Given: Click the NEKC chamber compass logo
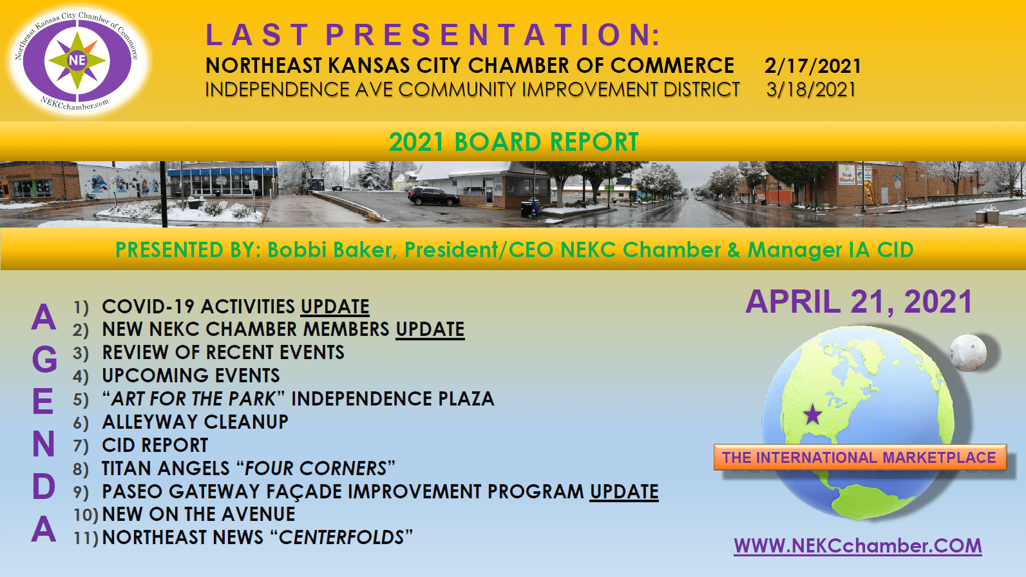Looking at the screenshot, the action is click(77, 61).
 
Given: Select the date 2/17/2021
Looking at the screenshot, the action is click(813, 66).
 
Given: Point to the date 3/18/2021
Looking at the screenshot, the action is click(811, 90).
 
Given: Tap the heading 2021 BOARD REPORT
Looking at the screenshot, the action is click(513, 142).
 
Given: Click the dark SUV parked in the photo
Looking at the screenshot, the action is click(433, 196).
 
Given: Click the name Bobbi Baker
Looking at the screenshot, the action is click(329, 249).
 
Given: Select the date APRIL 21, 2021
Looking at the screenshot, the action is click(859, 302).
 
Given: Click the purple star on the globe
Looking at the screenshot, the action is click(813, 415).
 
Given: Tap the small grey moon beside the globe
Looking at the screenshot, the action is click(968, 353).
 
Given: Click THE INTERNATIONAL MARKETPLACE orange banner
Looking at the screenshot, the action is click(860, 457).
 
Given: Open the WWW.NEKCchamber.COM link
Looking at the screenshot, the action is click(857, 546).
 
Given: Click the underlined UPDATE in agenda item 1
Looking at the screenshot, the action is click(335, 307).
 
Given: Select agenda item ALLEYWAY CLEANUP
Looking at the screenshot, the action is click(195, 422).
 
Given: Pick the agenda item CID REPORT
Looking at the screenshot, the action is click(155, 445).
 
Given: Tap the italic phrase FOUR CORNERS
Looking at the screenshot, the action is click(316, 469).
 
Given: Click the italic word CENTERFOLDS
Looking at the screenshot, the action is click(341, 538).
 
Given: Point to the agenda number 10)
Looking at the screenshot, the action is click(86, 514).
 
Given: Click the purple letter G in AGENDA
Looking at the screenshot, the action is click(44, 359).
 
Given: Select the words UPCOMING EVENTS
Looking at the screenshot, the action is click(191, 376).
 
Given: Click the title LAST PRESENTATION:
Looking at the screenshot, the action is click(432, 35).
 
